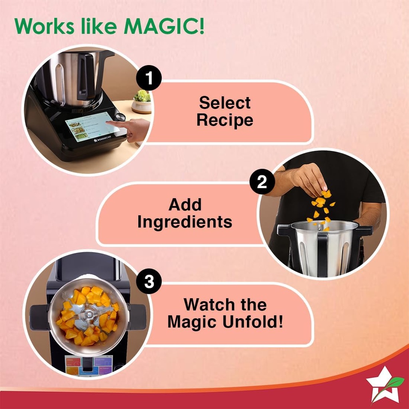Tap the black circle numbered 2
[x=262, y=182]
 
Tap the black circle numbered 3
[x=149, y=282]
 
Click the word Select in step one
[x=225, y=103]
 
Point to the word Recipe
[x=225, y=120]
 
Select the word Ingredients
[x=185, y=222]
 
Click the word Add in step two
[x=185, y=204]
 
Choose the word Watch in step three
[x=207, y=305]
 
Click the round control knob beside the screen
[x=121, y=117]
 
